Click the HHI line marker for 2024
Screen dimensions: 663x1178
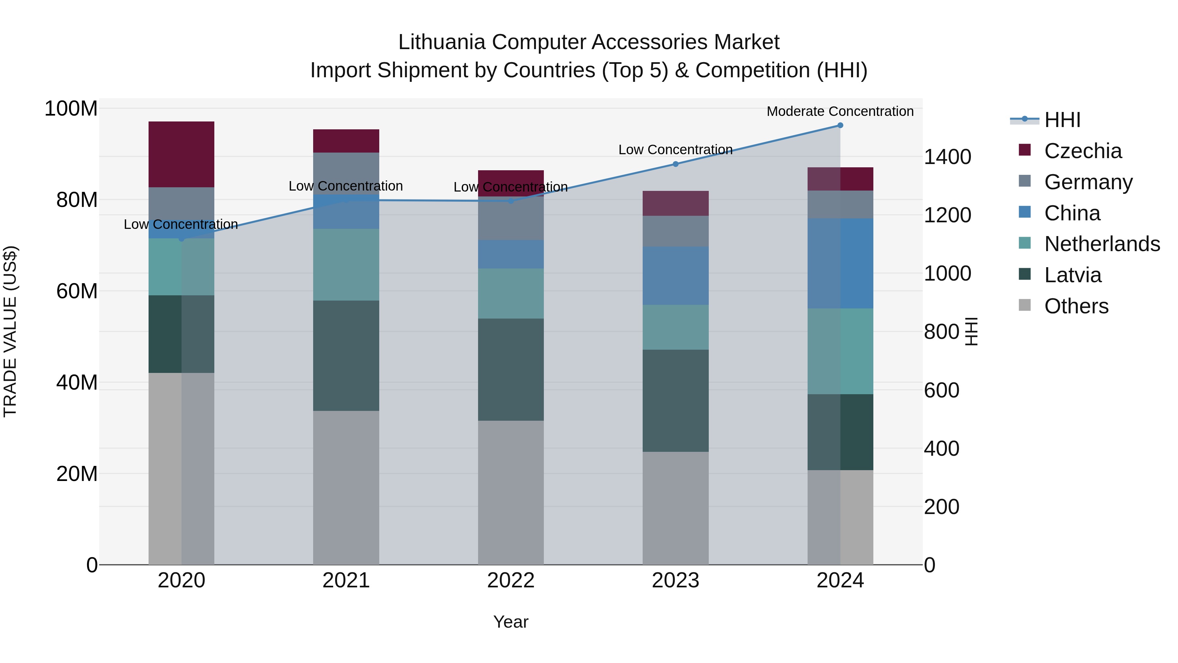coord(840,125)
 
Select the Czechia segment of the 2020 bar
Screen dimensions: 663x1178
coord(182,155)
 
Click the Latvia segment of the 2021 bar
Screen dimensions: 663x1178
coord(346,356)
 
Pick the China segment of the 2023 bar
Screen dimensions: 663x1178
coord(675,276)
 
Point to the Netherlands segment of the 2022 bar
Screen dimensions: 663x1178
coord(511,294)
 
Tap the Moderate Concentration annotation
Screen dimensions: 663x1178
coord(840,112)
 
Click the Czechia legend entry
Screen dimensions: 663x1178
coord(1082,151)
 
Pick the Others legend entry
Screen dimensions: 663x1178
coord(1076,306)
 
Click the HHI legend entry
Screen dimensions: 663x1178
coord(1062,120)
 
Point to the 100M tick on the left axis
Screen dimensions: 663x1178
coord(71,109)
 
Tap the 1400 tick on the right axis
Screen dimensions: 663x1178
coord(947,157)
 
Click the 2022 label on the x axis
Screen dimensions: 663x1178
coord(511,580)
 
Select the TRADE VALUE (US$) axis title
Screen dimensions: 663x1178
coord(10,331)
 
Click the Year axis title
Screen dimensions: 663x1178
coord(511,622)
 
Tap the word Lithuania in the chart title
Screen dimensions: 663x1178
coord(441,42)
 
